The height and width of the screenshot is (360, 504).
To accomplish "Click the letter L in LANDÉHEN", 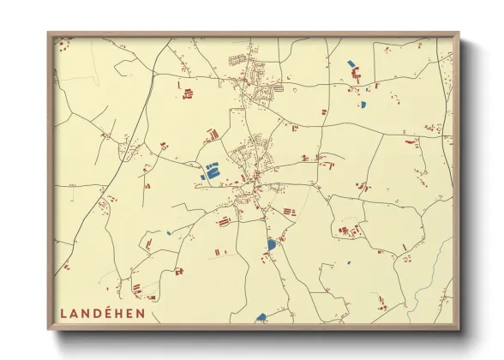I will pos(65,313).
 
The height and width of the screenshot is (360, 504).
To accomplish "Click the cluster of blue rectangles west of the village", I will pos(210,170).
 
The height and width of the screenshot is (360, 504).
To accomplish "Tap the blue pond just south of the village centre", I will pos(272,244).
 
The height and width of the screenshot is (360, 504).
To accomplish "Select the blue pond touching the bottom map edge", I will pos(261,317).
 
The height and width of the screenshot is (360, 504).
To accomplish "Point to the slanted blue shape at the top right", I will pos(351,63).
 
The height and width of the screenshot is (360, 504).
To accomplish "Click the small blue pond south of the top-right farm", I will pos(363,105).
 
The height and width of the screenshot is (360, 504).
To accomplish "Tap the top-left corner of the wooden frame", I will pos(50,34).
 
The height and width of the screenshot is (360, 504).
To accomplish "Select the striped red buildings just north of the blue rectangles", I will pos(212,135).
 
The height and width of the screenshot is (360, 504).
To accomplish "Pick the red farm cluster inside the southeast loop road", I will pos(347,230).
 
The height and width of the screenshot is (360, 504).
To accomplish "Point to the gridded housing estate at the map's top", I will pos(238,60).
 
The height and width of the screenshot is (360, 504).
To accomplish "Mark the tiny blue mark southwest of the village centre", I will pos(169,232).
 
